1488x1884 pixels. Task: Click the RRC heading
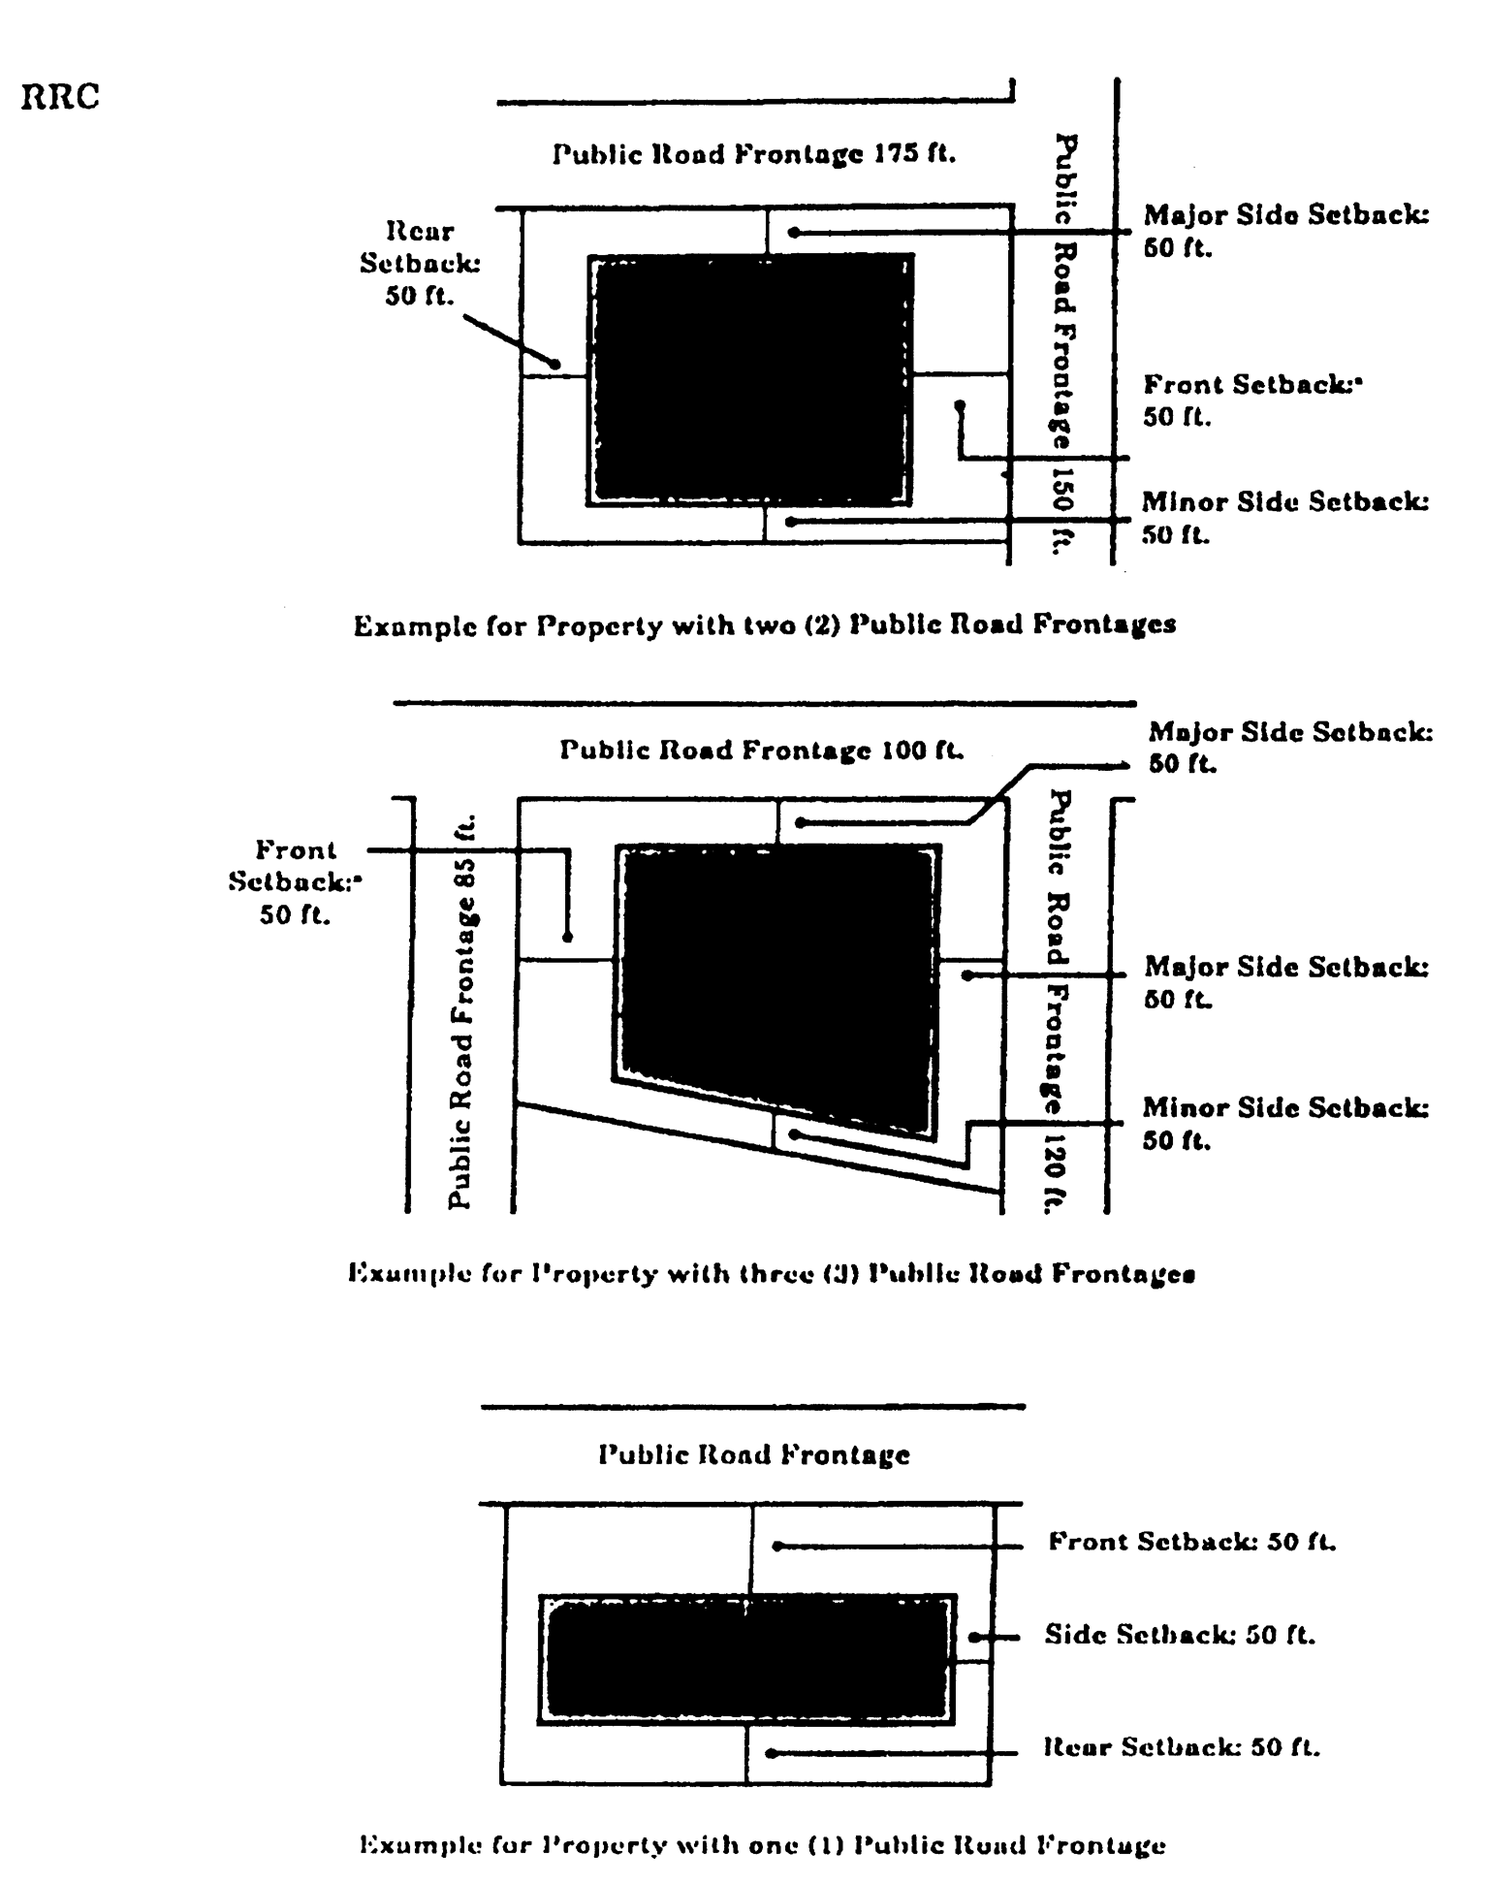pyautogui.click(x=60, y=98)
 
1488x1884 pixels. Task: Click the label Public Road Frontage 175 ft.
pyautogui.click(x=754, y=154)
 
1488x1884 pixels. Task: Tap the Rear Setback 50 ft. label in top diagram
pyautogui.click(x=420, y=263)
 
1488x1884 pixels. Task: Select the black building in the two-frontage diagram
pyautogui.click(x=751, y=379)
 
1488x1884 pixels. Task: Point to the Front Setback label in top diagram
pyautogui.click(x=1251, y=399)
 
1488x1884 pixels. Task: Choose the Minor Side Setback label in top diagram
pyautogui.click(x=1284, y=518)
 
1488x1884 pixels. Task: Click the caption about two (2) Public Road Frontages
pyautogui.click(x=765, y=624)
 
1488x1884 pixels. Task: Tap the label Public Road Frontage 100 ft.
pyautogui.click(x=762, y=750)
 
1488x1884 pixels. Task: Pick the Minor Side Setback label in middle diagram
pyautogui.click(x=1284, y=1122)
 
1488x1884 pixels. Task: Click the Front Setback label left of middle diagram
pyautogui.click(x=295, y=881)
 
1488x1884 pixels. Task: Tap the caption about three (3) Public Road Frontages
pyautogui.click(x=771, y=1272)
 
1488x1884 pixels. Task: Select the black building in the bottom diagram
pyautogui.click(x=746, y=1659)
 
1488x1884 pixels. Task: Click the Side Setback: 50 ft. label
pyautogui.click(x=1180, y=1635)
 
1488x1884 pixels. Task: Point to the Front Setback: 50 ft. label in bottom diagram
pyautogui.click(x=1191, y=1542)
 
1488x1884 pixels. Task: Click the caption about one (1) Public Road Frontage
pyautogui.click(x=762, y=1843)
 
